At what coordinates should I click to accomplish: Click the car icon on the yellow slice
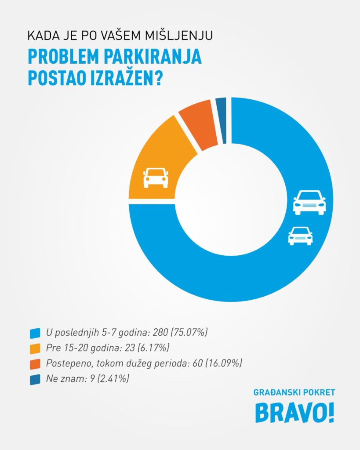click(x=156, y=178)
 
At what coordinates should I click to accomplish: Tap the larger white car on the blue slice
click(x=309, y=203)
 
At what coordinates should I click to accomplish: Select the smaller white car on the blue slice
click(x=300, y=236)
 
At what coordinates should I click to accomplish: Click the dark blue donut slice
click(x=222, y=121)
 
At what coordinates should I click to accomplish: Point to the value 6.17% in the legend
click(x=154, y=348)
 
